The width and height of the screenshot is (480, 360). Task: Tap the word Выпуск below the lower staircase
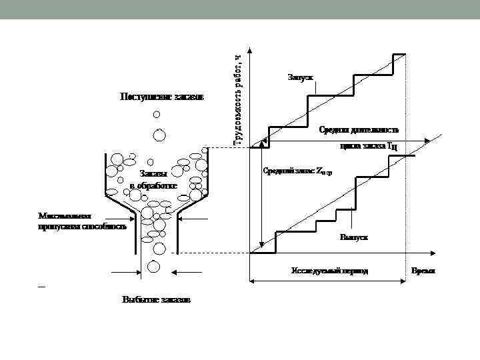point(354,237)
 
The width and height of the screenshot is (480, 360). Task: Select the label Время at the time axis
point(423,272)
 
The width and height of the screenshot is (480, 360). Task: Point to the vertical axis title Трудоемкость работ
point(238,97)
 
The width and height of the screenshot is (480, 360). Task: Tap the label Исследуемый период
point(329,272)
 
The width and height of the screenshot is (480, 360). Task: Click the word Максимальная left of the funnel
point(64,217)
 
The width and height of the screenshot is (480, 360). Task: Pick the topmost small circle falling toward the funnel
point(157,114)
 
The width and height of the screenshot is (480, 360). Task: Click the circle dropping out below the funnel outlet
point(153,267)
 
